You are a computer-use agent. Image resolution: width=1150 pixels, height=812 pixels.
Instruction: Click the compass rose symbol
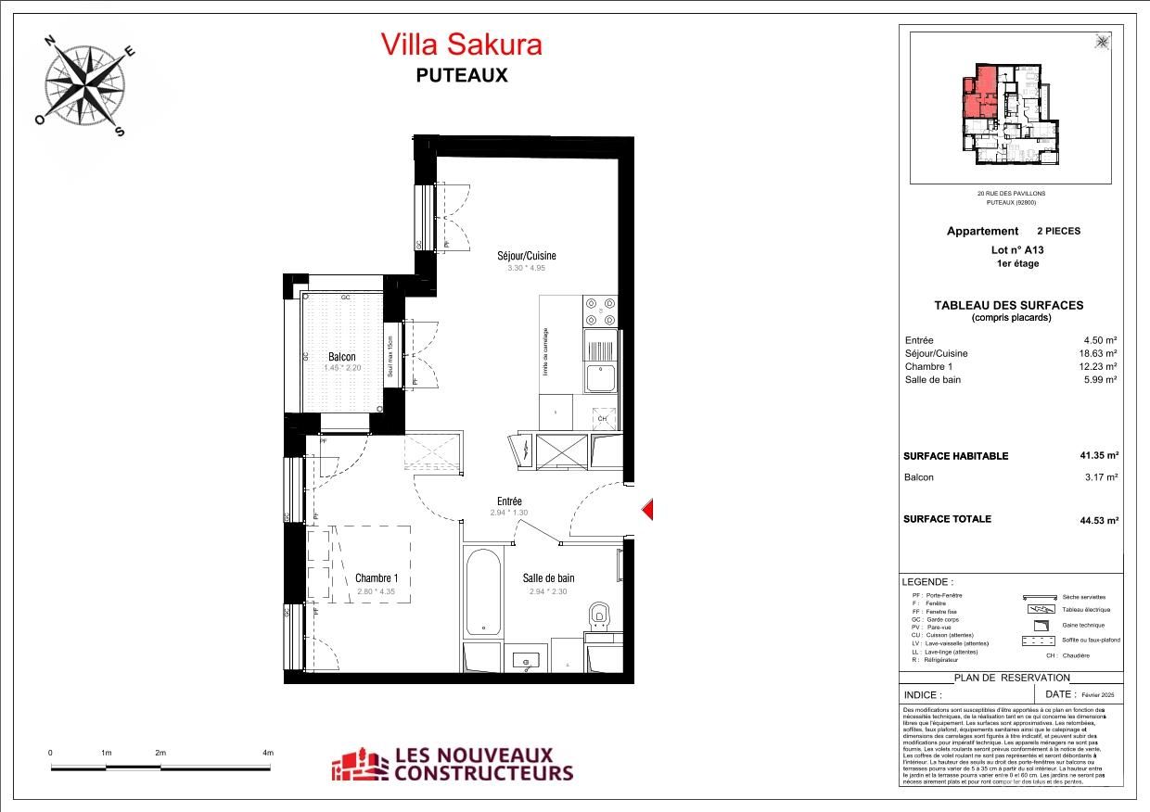point(86,82)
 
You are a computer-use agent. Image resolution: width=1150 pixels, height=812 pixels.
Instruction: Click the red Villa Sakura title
point(461,44)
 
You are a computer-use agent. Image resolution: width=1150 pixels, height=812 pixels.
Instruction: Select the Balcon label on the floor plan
point(341,357)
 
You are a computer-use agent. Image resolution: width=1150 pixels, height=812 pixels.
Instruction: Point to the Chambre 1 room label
point(377,578)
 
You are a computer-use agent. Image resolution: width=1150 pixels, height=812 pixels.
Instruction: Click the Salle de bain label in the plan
point(548,578)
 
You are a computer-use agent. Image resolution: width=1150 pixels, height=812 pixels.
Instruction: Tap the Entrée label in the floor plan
point(509,501)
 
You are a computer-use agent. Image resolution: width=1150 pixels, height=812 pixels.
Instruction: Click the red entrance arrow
point(649,509)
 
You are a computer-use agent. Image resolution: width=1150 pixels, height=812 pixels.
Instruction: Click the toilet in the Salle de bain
point(600,615)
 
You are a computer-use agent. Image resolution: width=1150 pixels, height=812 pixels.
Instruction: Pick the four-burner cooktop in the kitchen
point(600,311)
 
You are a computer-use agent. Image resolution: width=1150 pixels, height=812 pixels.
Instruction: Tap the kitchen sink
point(599,377)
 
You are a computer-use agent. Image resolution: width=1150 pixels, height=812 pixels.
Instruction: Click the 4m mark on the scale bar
point(268,754)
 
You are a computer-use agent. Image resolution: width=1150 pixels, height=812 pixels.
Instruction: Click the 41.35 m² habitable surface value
point(1098,456)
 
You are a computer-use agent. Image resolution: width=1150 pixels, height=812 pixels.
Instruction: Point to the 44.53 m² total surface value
point(1098,519)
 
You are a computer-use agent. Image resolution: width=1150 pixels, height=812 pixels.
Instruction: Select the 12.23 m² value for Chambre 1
point(1099,366)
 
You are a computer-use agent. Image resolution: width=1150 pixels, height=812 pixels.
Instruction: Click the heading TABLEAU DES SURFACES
point(1008,305)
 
